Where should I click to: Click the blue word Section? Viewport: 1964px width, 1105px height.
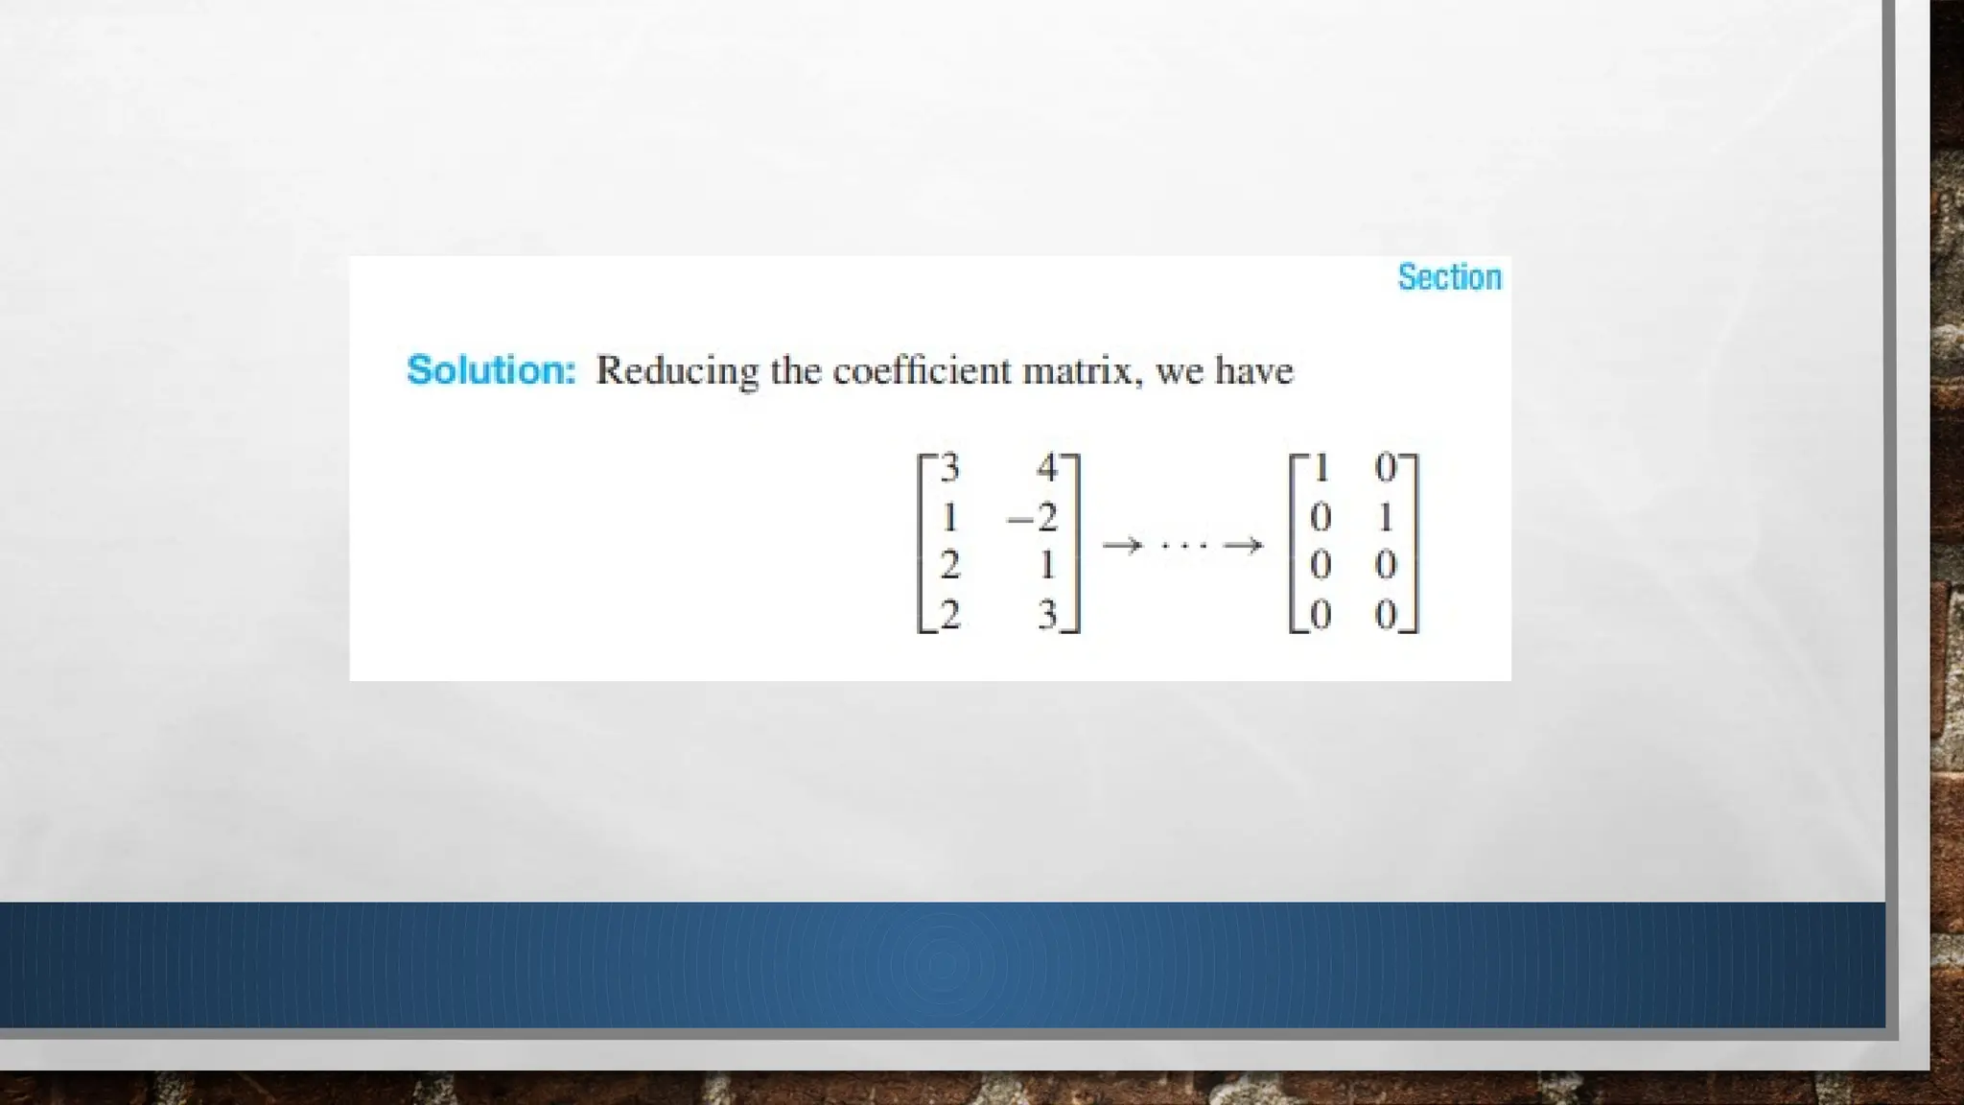[1449, 277]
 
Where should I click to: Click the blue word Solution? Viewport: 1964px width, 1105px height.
[491, 370]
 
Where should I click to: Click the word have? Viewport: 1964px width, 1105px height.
[1254, 370]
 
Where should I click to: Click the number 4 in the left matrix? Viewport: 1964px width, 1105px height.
[1046, 468]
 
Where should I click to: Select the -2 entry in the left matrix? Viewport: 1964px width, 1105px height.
[1032, 518]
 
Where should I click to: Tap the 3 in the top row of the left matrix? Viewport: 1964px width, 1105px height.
[949, 468]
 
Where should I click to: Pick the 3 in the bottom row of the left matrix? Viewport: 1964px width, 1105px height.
[1047, 615]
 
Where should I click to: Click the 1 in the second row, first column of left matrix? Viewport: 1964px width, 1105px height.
[949, 518]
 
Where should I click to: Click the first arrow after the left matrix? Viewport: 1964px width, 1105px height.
[1122, 546]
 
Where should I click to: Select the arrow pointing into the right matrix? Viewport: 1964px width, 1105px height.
[1243, 546]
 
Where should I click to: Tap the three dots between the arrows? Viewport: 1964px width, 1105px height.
[1182, 546]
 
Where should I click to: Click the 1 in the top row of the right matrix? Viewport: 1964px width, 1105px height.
[1321, 468]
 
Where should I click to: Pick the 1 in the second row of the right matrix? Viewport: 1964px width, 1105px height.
[1385, 518]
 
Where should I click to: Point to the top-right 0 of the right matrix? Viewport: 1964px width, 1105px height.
[1386, 468]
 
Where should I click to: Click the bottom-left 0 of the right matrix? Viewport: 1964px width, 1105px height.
[1321, 615]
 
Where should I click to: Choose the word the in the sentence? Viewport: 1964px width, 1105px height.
[795, 370]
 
